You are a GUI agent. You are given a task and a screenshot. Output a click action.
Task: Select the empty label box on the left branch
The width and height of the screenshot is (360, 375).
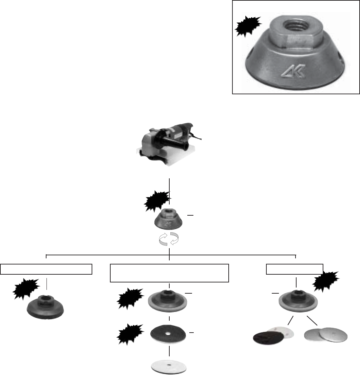pos(46,269)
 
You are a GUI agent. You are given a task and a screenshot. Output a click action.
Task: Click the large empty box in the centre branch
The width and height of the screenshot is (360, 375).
pos(169,273)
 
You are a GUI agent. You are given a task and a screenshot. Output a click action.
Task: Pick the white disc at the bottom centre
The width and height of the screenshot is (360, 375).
pos(169,366)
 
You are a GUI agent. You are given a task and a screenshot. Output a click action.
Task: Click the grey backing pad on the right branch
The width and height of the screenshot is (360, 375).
pos(297,300)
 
